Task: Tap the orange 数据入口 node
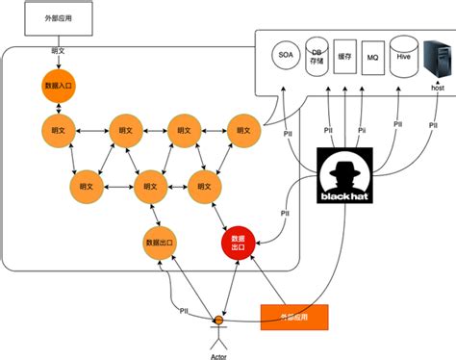tap(58, 86)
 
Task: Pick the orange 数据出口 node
tap(158, 242)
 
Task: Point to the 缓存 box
tap(346, 56)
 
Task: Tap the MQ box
tap(374, 58)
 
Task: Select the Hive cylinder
tap(404, 56)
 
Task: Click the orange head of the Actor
tap(219, 319)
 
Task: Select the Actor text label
tap(219, 354)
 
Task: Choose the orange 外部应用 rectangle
tap(294, 316)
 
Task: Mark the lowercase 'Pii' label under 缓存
tap(362, 127)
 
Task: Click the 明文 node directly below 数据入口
tap(58, 129)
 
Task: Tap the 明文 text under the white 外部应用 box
tap(58, 50)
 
